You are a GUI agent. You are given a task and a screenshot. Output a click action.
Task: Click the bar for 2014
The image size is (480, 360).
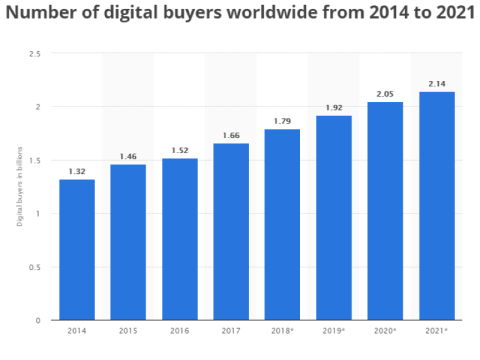77,250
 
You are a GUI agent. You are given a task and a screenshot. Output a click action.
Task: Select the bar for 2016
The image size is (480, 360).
179,239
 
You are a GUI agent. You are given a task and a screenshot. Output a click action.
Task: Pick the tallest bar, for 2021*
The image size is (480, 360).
437,206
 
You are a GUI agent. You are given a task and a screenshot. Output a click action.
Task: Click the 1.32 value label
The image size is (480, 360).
77,171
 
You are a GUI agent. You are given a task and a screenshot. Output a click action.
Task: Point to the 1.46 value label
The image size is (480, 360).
128,156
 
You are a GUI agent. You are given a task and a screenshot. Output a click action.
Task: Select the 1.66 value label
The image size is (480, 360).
231,135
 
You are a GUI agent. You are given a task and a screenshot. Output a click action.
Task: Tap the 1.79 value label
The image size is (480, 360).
282,121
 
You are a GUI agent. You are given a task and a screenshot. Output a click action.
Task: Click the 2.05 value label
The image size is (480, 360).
385,93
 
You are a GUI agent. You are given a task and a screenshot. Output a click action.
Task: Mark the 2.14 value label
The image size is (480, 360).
437,84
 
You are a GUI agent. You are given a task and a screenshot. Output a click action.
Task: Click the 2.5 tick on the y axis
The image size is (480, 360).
35,54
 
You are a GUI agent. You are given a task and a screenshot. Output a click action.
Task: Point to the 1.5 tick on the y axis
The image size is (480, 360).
35,160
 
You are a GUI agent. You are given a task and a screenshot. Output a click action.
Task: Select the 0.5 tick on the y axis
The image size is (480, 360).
35,267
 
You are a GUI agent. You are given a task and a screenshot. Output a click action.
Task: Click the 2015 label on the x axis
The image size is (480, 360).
128,331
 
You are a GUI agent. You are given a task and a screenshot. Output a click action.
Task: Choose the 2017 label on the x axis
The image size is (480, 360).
231,331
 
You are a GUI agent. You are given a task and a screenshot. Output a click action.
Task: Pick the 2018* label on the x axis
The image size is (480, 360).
283,331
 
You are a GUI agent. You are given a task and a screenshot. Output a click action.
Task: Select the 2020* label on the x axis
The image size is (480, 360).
386,331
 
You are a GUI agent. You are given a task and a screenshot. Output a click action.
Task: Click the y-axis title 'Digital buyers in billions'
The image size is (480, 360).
19,187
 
